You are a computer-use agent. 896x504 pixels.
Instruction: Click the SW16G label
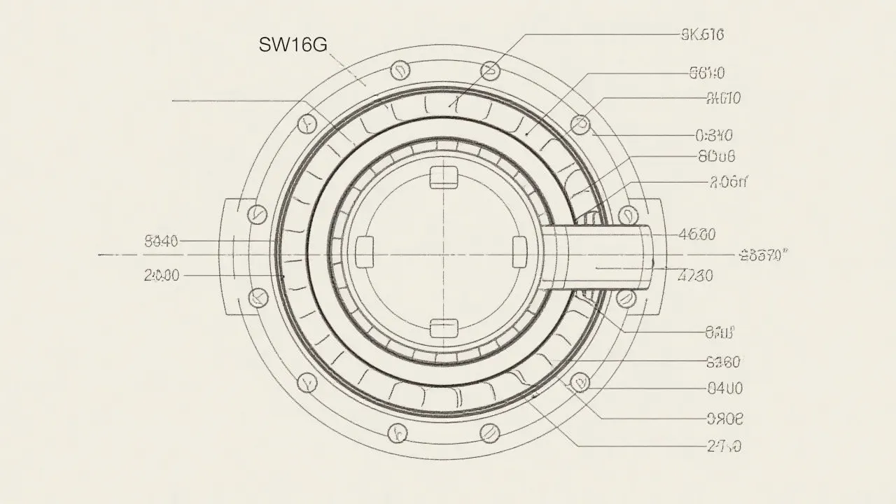pos(293,45)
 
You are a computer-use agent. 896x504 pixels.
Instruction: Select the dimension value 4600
pos(697,235)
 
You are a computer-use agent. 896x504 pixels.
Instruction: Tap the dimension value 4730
pos(696,276)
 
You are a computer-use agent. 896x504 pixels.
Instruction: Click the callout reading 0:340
pos(714,135)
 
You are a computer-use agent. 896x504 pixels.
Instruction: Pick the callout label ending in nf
pos(728,183)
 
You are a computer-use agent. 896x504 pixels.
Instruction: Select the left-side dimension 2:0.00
pos(162,276)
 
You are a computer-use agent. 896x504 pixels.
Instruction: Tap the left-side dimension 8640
pos(162,242)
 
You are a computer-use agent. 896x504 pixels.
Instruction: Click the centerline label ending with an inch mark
pos(763,255)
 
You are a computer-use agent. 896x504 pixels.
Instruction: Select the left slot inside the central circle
pos(366,251)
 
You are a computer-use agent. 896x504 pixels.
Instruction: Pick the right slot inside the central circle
pos(519,251)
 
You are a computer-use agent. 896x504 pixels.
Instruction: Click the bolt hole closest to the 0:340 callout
pos(580,125)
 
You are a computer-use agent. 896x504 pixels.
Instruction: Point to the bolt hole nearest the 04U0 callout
pos(580,382)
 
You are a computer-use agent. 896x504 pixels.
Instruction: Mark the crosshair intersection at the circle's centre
pos(444,255)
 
